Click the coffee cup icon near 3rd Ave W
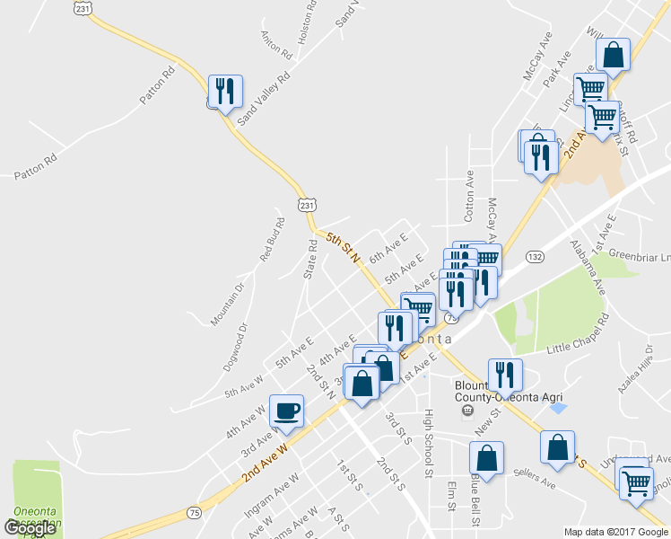pos(287,411)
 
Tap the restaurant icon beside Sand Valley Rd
pos(224,91)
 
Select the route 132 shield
pos(536,257)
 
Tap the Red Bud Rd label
pos(273,240)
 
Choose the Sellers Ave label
pos(536,478)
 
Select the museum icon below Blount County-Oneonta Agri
pos(466,411)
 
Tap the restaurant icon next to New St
pos(505,374)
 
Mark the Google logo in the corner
pos(30,528)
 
